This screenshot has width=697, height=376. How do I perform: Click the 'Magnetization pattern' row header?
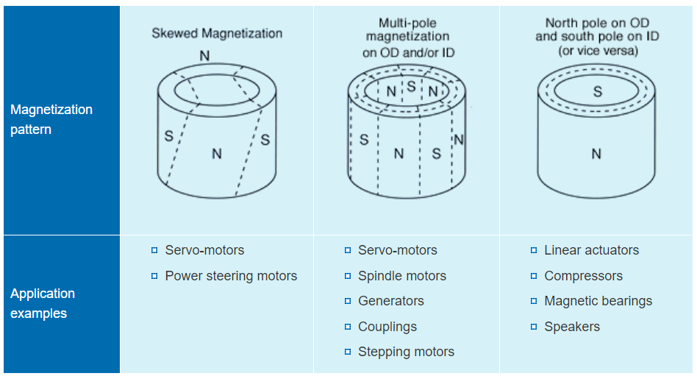51,119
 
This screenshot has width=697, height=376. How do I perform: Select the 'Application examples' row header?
43,303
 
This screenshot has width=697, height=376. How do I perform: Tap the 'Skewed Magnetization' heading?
217,33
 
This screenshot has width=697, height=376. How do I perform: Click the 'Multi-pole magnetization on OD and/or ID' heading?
407,37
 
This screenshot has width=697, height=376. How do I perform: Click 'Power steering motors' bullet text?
231,276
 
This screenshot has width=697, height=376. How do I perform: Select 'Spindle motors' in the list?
401,276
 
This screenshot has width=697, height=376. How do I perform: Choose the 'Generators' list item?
390,301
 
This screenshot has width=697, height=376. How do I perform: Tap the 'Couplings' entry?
387,327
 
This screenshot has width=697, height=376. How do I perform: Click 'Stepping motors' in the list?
406,352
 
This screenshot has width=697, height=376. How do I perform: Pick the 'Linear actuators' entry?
591,250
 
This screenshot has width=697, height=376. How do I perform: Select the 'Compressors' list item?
583,276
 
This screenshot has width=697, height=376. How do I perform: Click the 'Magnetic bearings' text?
598,301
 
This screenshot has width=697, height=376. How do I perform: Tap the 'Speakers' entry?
572,327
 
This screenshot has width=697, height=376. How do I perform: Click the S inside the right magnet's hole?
598,92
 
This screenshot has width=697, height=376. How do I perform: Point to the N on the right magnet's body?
596,154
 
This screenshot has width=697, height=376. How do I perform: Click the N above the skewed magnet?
204,56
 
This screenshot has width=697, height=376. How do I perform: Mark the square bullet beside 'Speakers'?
534,327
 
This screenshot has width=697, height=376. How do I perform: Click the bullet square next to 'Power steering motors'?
154,276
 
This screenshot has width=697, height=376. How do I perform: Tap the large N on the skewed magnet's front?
216,154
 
